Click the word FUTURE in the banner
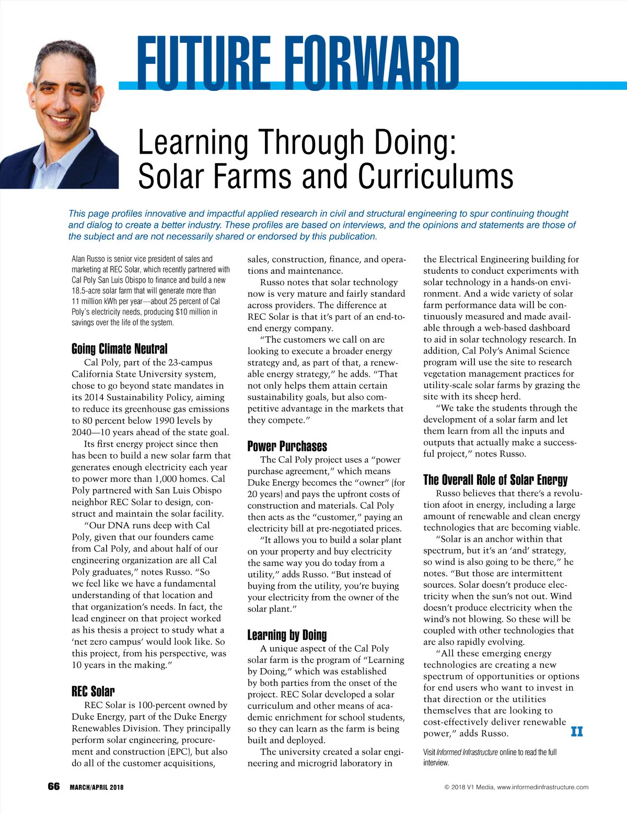pos(204,62)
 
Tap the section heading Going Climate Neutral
pos(120,348)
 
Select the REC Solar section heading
pos(93,691)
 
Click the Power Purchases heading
pos(287,446)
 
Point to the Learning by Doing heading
pos(287,635)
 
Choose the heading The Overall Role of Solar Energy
pos(495,480)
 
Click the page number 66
pos(54,786)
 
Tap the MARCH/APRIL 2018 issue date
pos(97,787)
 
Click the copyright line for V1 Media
pos(516,787)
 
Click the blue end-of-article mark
pos(576,731)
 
